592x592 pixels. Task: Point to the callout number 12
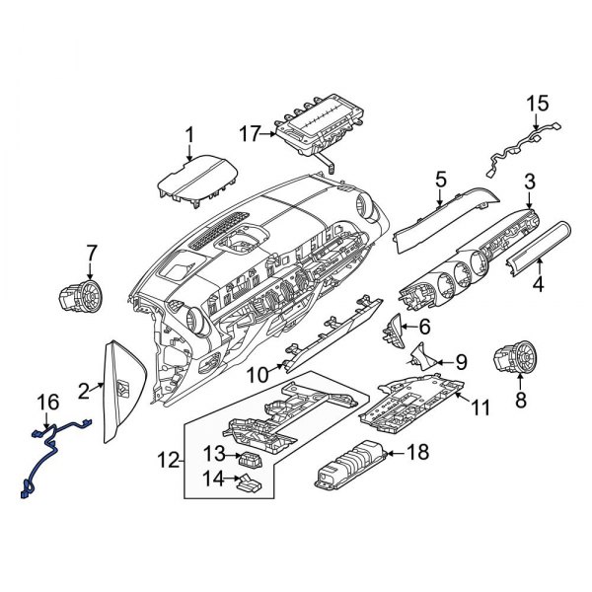coord(170,460)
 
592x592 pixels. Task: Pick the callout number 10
coord(255,374)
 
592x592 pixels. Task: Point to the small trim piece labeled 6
coord(394,331)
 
